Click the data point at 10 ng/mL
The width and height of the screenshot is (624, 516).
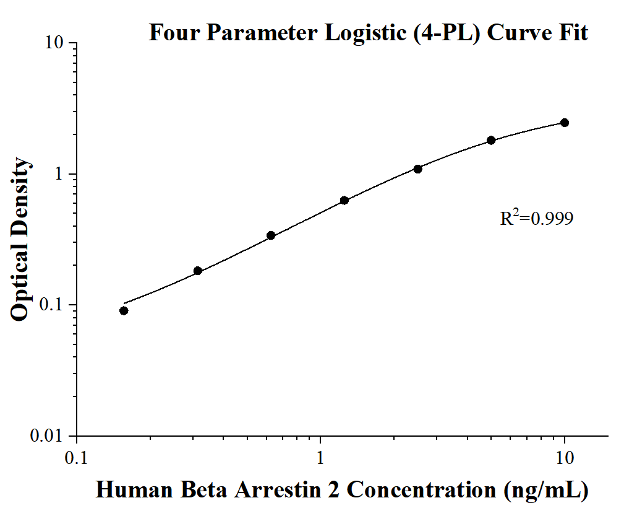(564, 123)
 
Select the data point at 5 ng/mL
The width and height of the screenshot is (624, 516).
(491, 140)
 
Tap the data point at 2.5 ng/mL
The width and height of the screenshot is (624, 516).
(417, 169)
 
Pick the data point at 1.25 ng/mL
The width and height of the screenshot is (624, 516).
(344, 200)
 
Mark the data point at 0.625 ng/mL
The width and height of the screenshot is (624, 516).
(271, 235)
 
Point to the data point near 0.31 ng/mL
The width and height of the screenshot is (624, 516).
(198, 271)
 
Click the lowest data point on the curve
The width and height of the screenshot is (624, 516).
(124, 310)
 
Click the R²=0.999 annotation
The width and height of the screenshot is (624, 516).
(536, 218)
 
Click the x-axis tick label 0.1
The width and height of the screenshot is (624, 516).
(76, 458)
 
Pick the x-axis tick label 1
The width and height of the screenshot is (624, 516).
(320, 458)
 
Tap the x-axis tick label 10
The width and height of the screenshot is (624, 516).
(565, 458)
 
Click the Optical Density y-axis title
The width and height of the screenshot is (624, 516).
(20, 239)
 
